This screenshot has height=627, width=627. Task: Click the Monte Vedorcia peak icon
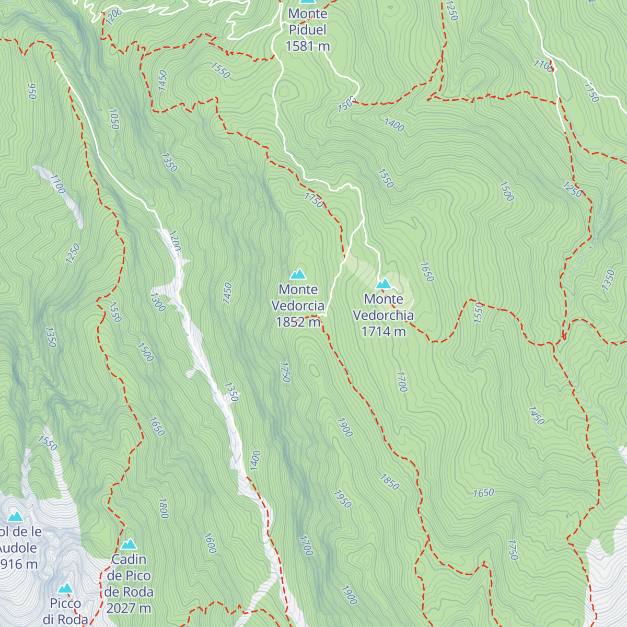point(298,274)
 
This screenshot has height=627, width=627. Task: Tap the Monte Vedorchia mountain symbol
point(384,284)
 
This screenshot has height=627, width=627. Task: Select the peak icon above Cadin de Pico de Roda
point(129,544)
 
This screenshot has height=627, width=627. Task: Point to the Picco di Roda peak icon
point(65,588)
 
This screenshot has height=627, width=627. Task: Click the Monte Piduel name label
point(308,21)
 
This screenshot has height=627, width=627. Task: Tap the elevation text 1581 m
point(308,46)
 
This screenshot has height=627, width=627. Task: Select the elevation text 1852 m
point(298,322)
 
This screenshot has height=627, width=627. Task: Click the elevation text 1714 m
point(384,331)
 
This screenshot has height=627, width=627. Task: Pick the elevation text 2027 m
point(129,608)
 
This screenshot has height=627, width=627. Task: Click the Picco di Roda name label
point(65,611)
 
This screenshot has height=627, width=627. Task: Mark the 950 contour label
point(32,91)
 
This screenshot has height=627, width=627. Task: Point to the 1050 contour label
point(114,119)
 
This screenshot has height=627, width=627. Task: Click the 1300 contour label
point(157,302)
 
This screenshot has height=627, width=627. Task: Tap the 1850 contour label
point(389,482)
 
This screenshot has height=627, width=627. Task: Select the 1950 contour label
point(342,499)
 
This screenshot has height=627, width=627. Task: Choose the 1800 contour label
point(163,508)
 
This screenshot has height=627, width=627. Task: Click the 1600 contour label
point(210,543)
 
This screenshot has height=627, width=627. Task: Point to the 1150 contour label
point(591,93)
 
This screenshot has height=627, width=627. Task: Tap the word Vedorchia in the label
point(384,315)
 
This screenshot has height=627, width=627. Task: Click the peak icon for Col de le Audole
point(15,517)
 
